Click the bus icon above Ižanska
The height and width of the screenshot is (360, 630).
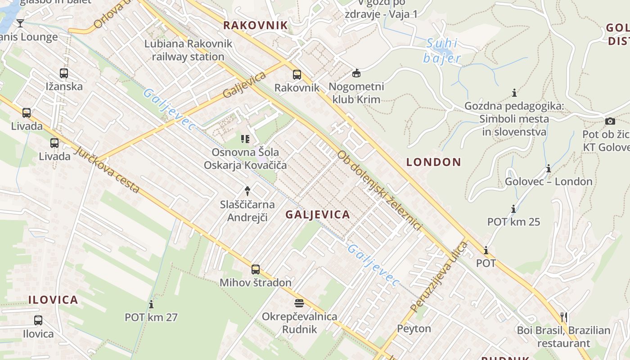click(64, 73)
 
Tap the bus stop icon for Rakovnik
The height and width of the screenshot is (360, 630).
click(297, 74)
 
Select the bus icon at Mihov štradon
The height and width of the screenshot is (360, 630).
click(256, 269)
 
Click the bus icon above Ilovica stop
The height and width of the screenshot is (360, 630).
click(38, 320)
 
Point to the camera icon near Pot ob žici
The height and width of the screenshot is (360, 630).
click(610, 121)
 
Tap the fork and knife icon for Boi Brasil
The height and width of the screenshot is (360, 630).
click(563, 317)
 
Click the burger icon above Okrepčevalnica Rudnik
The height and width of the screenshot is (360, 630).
click(299, 303)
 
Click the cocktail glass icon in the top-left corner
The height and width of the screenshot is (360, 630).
click(20, 23)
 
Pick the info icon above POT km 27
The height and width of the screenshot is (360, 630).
click(151, 304)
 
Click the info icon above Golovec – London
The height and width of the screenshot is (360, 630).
click(549, 169)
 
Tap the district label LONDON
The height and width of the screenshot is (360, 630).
click(434, 162)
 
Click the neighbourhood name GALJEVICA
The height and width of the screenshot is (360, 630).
click(318, 215)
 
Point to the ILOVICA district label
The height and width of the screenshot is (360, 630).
click(53, 300)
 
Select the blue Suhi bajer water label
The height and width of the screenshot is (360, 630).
click(442, 51)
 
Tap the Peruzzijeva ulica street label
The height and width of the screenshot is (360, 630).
click(439, 277)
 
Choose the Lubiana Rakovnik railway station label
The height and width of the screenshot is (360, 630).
click(188, 50)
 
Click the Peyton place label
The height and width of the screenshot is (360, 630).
click(414, 328)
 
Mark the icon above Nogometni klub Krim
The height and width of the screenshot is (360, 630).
click(356, 73)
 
